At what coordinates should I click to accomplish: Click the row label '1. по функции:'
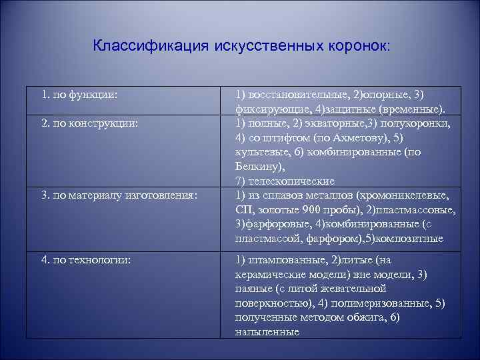79,95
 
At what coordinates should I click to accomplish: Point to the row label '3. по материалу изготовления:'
119,195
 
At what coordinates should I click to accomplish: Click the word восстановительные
298,95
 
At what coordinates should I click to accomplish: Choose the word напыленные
267,332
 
